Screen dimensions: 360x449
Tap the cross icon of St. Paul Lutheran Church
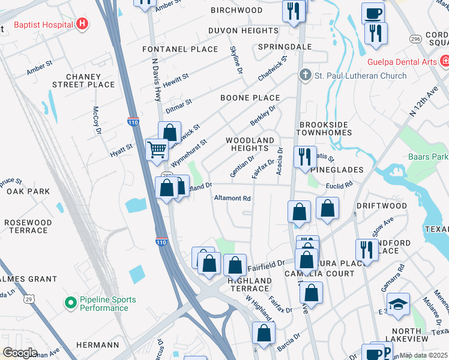click(x=305, y=76)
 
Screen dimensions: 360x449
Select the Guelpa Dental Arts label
click(x=402, y=62)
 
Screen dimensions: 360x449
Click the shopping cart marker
click(x=157, y=149)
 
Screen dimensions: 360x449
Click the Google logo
click(x=19, y=353)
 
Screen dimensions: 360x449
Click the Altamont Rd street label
click(x=232, y=198)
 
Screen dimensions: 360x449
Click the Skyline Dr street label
click(x=235, y=61)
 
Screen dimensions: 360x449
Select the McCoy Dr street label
click(x=95, y=120)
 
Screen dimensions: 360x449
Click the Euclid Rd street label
click(x=339, y=186)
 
